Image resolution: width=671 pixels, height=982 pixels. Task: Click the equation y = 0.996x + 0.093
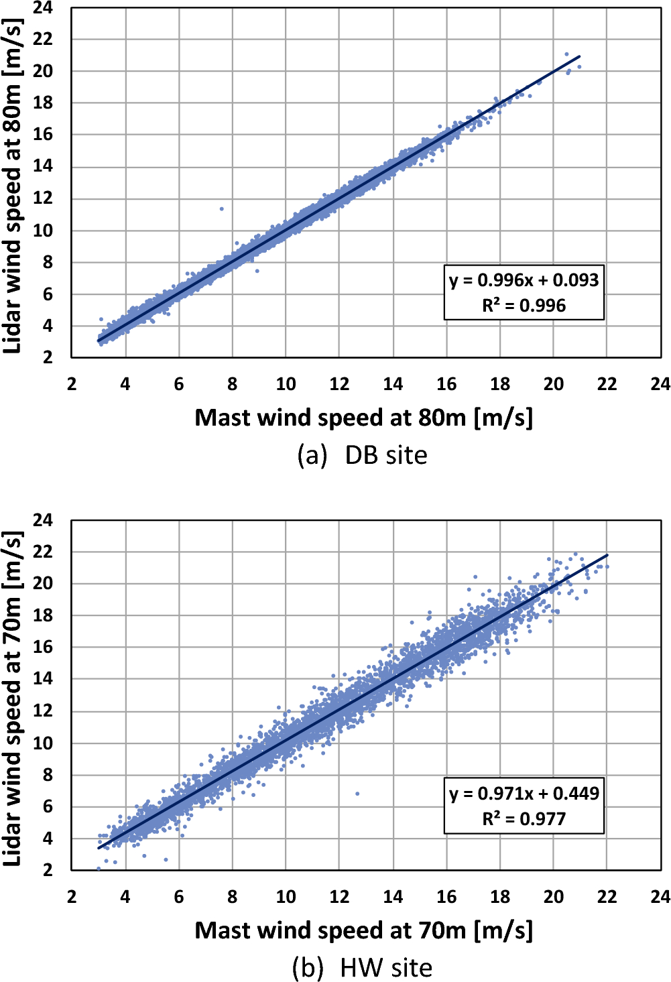524,280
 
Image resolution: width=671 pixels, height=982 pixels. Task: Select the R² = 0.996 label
524,306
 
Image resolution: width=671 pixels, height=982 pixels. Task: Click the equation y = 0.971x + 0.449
524,794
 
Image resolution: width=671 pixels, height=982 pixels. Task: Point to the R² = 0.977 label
524,819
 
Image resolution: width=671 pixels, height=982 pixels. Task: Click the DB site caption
363,455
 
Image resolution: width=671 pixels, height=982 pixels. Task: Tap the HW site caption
363,968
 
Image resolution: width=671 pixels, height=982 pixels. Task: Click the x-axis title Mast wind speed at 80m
363,418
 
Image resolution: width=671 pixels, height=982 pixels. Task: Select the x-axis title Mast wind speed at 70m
363,930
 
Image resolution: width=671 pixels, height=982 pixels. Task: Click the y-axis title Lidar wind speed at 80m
13,186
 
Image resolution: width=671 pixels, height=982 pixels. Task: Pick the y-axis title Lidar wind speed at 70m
13,698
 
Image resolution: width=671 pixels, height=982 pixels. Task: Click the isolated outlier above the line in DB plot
221,208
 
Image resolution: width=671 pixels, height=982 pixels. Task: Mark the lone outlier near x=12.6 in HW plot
357,794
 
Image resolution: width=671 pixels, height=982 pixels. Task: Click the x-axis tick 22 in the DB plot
607,384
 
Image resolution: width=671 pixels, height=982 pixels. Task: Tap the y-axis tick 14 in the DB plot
43,166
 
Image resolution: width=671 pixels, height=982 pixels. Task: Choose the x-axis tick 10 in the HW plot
286,897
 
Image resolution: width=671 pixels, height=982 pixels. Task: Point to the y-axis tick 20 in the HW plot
43,583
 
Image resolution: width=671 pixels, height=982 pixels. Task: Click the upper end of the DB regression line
580,56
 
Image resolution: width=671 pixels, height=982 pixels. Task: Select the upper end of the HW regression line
607,555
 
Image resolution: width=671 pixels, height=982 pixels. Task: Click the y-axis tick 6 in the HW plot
47,807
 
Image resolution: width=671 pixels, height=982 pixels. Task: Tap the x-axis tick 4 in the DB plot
125,384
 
